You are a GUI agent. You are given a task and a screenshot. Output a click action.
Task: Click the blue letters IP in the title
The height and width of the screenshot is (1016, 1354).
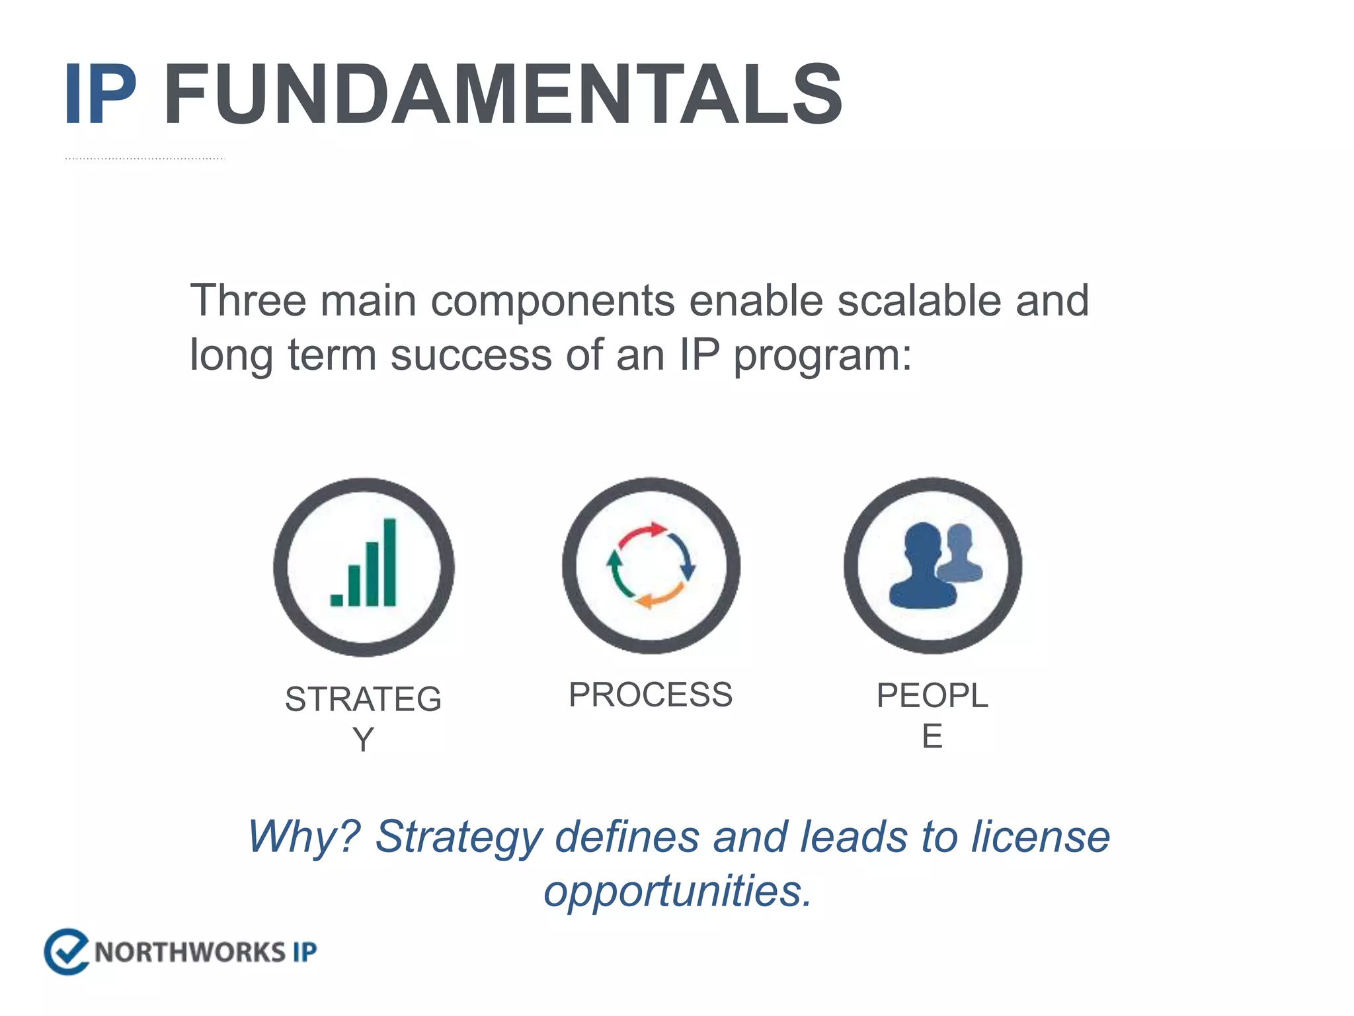coord(100,94)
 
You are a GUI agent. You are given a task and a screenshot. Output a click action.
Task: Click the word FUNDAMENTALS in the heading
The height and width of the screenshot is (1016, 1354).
coord(502,94)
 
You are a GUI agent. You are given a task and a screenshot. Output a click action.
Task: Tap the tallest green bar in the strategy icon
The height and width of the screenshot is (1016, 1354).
coord(389,562)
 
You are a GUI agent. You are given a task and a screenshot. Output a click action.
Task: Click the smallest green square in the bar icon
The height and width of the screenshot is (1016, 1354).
coord(337,599)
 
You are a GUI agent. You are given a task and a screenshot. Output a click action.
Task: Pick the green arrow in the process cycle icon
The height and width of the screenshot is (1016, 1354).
coord(616,573)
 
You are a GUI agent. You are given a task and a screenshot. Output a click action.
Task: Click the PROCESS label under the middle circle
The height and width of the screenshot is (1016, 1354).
coord(651,695)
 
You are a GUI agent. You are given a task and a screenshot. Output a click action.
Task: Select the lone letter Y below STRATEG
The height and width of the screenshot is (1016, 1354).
coord(363,739)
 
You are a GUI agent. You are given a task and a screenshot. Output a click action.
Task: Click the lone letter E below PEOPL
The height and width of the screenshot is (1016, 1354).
coord(932,736)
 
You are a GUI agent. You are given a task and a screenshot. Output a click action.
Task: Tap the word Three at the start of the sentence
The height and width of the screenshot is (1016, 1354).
coord(248,301)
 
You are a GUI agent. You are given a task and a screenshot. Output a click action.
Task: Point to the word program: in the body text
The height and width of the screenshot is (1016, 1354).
coord(822,355)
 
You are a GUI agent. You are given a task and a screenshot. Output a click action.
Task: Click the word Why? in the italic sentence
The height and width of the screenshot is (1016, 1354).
coord(303,837)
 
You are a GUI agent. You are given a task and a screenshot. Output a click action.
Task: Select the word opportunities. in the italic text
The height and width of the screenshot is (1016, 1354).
coord(677,891)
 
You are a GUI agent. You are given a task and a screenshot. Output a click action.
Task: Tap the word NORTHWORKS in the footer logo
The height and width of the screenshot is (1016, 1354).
coord(189,952)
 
